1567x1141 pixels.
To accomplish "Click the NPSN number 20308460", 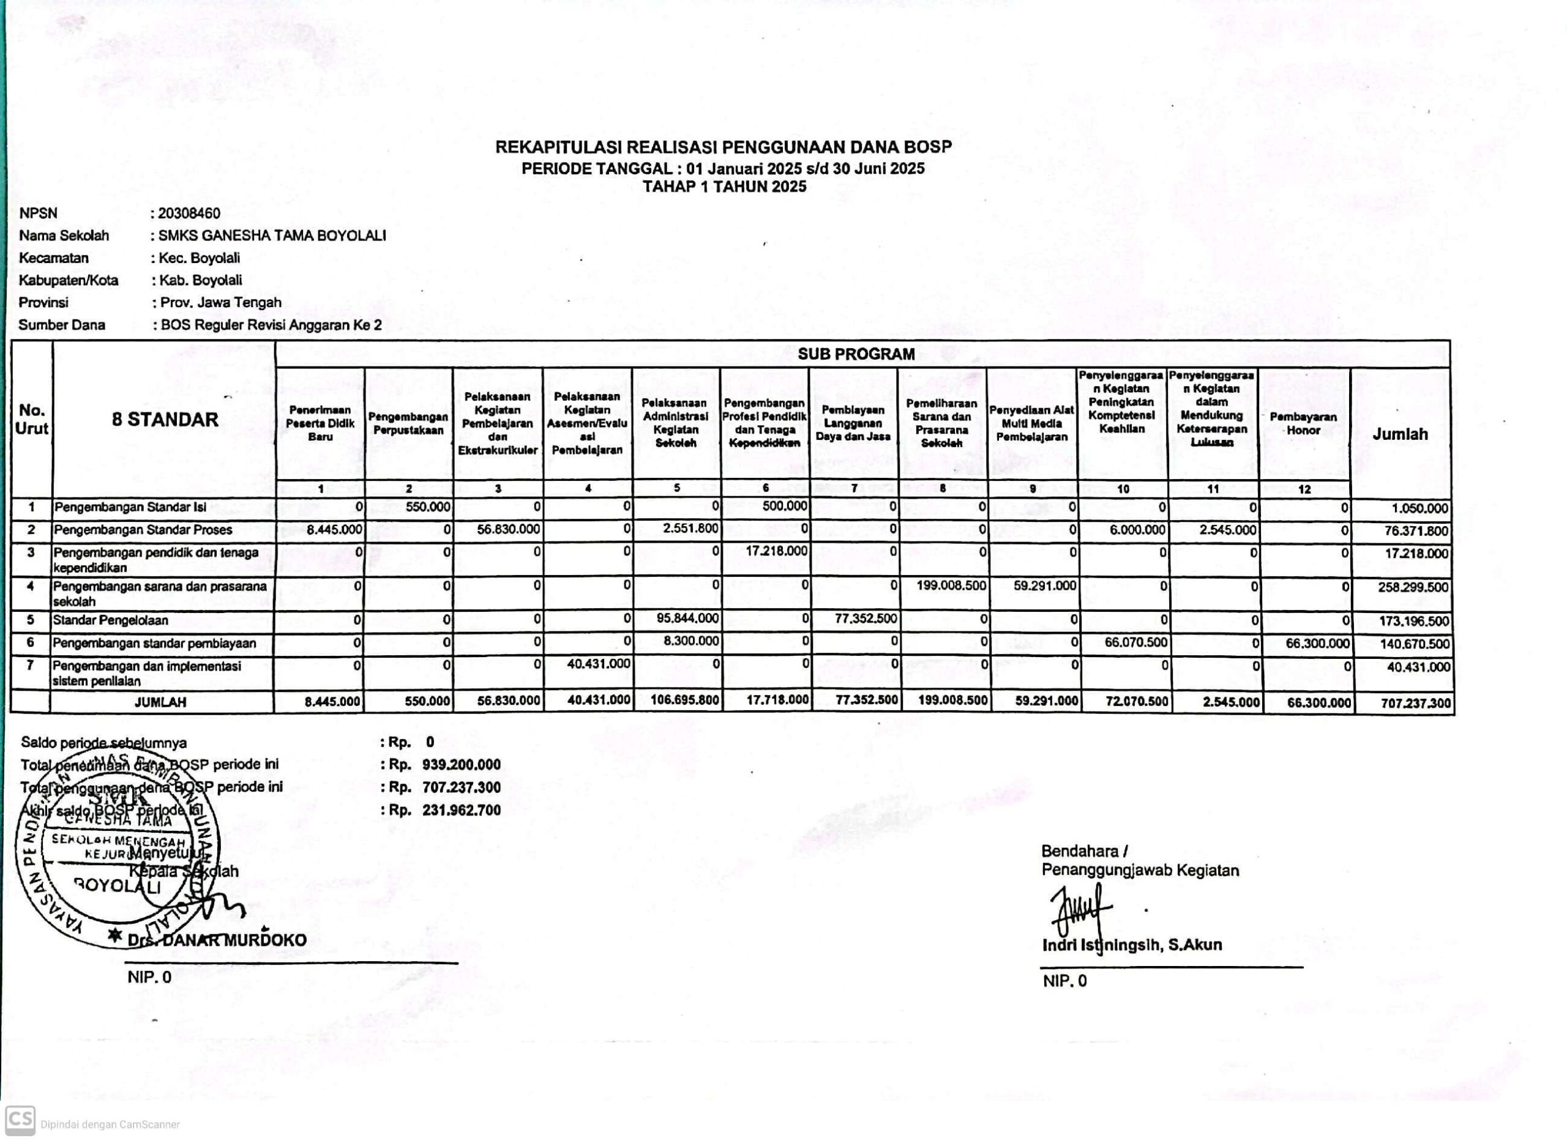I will click(189, 214).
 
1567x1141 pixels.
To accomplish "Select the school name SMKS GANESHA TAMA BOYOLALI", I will click(272, 236).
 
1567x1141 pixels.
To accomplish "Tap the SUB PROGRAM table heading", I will click(856, 354).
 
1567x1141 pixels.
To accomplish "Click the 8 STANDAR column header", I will click(165, 419).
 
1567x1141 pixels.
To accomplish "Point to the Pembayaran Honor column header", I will click(1303, 423).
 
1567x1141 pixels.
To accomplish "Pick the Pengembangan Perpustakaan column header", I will click(408, 423).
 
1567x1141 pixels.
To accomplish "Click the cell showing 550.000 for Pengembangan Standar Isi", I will click(428, 507).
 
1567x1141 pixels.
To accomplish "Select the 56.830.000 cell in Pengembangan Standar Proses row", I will click(509, 530).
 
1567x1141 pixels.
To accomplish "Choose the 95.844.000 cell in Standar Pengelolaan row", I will click(687, 618).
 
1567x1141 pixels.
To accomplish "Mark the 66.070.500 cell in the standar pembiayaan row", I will click(1136, 642).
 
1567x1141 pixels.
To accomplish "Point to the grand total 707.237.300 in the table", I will click(1415, 703).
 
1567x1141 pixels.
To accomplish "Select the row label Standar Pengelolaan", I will click(111, 620).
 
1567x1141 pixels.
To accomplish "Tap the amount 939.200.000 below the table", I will click(462, 765).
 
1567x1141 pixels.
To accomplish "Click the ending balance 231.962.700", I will click(462, 810).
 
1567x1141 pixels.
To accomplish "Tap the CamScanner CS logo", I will click(20, 1120).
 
